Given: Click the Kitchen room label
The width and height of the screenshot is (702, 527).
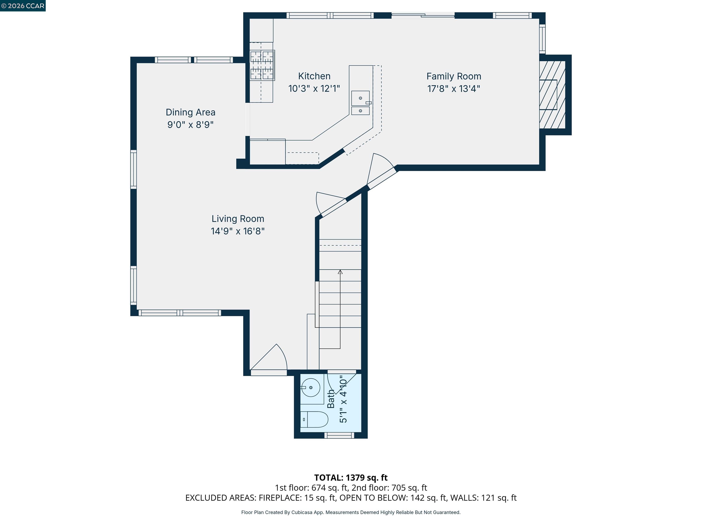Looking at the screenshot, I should point(314,76).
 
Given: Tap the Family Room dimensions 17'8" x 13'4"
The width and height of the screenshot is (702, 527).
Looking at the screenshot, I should point(454,89).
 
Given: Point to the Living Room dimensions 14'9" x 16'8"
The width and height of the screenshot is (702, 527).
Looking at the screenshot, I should point(238,231).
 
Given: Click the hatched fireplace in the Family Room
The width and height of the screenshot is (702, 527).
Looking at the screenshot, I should point(552,95).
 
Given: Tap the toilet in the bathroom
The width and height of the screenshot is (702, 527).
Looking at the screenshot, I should point(314,419).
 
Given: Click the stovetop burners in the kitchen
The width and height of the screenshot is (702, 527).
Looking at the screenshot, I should point(262,65).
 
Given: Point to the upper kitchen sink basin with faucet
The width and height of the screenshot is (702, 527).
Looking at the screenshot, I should point(360,98).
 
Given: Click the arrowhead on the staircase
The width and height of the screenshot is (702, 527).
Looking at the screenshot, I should point(340,272).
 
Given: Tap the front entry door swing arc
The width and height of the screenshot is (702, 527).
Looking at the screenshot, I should point(273,357).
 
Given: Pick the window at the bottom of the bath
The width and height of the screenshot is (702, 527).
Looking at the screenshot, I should point(339,436).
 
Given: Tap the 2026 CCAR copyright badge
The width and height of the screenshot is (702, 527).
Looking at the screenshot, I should point(23,6).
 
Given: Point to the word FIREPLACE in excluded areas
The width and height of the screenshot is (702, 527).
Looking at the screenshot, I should point(280,498).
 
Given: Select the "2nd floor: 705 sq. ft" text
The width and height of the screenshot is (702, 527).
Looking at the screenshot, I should point(389,488).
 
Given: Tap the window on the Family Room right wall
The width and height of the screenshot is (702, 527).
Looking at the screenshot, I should point(542,39).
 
